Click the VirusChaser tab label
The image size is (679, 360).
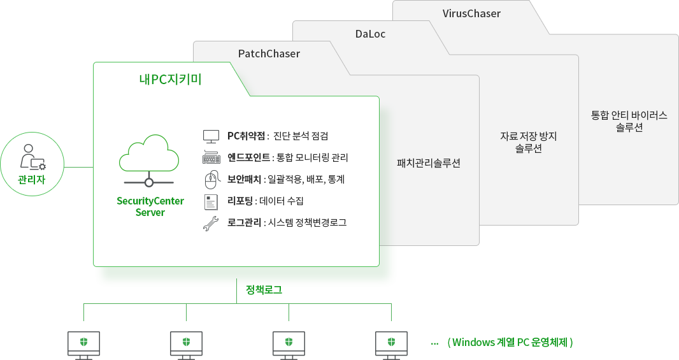tap(471, 13)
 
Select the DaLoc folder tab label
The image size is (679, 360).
tap(370, 34)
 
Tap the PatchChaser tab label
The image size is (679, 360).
tap(269, 54)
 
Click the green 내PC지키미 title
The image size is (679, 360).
tap(170, 80)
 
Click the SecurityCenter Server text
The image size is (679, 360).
tap(150, 206)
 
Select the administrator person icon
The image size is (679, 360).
tap(32, 157)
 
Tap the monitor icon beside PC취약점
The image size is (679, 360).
tap(211, 136)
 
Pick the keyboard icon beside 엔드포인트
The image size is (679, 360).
tap(211, 157)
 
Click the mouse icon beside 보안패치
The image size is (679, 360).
tap(211, 180)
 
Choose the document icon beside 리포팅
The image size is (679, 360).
tap(211, 202)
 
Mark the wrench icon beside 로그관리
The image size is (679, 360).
tap(211, 224)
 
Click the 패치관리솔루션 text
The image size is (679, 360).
tap(428, 163)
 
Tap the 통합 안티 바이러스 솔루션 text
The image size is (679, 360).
tap(629, 121)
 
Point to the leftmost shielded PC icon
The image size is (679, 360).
tap(83, 345)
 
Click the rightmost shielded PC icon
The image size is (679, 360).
tap(391, 345)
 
